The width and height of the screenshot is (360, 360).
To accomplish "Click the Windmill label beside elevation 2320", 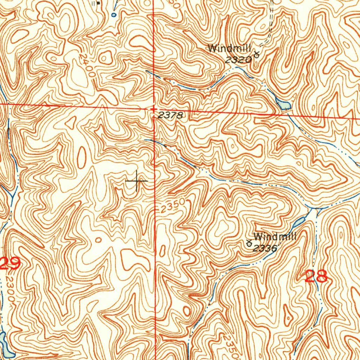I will [230, 48].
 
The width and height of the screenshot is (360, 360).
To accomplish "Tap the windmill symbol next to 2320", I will [257, 54].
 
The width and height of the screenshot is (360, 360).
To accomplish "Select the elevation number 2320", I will [238, 60].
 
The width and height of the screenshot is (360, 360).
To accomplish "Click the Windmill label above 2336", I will [275, 237].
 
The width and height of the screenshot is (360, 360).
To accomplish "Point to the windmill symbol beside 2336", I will [249, 243].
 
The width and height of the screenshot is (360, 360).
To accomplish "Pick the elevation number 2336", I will [265, 248].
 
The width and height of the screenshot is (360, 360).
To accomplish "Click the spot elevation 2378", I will [170, 115].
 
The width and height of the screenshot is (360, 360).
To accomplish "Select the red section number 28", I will [316, 276].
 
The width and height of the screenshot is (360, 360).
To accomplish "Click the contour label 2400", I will [87, 65].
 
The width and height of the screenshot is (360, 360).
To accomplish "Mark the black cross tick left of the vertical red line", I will [136, 181].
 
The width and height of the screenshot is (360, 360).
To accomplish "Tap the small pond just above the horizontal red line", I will [283, 104].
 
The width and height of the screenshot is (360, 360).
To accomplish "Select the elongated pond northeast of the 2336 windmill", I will [299, 221].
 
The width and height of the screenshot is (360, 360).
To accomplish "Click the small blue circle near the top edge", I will [114, 15].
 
